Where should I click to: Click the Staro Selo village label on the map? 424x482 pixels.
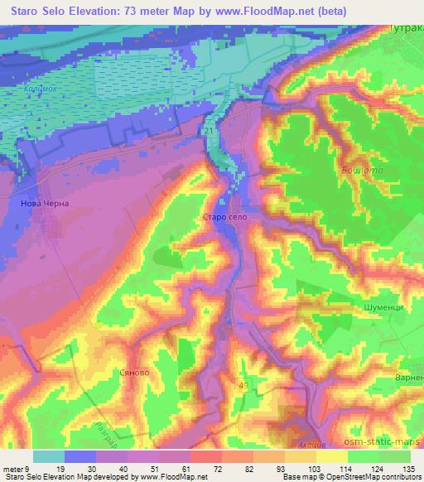tap(224, 217)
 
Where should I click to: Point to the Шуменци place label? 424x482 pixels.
tap(382, 306)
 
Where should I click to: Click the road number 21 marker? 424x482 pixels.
tap(208, 132)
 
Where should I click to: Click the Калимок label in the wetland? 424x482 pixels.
tap(40, 88)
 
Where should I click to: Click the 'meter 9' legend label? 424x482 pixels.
tap(16, 468)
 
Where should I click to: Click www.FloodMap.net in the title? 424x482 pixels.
tap(261, 9)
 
